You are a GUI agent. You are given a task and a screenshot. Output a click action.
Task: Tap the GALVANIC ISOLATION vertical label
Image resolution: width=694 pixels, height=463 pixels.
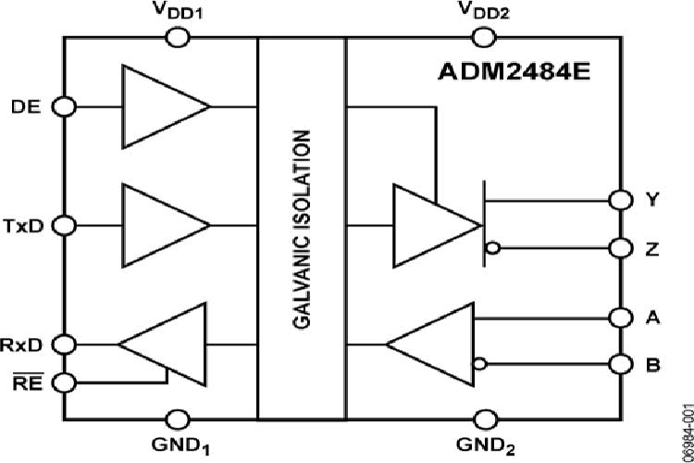[x=303, y=228]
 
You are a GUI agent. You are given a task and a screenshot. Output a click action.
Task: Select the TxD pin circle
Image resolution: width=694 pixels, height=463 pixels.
[x=63, y=225]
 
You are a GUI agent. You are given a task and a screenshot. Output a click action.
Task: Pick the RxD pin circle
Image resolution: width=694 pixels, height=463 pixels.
[x=63, y=344]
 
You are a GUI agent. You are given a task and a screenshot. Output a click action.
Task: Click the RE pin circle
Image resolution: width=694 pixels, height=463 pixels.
[x=63, y=381]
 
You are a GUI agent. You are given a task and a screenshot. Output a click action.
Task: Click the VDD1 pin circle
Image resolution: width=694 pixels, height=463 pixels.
[x=177, y=37]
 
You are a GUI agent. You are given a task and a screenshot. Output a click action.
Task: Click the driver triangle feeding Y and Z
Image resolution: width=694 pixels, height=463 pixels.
[x=430, y=225]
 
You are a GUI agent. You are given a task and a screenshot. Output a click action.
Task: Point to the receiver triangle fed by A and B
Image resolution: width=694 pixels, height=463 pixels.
[x=435, y=344]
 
